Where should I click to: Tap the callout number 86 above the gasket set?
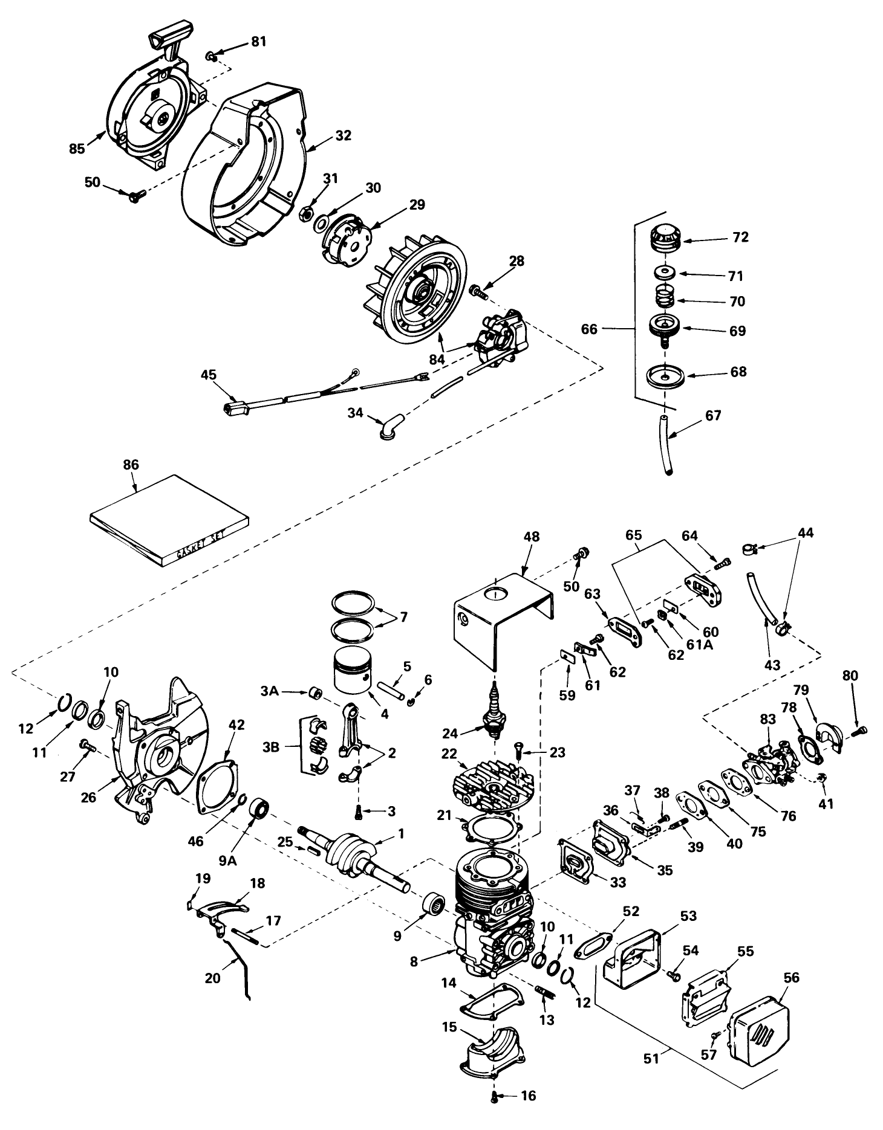(131, 465)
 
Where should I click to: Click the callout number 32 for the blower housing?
(343, 135)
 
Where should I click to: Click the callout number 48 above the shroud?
(532, 537)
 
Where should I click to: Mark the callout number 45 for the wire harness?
(209, 375)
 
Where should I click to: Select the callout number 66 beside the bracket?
(589, 329)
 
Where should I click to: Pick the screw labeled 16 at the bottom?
(495, 1096)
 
